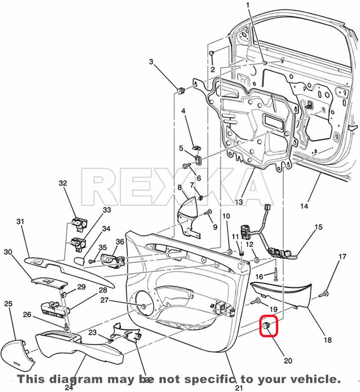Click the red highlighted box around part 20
pos(269,327)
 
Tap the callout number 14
pos(305,206)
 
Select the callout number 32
pos(63,183)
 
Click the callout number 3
pos(151,62)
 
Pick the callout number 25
pos(8,304)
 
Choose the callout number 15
pos(318,227)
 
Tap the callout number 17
pos(342,257)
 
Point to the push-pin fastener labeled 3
pos(181,91)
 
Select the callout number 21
pos(238,387)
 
